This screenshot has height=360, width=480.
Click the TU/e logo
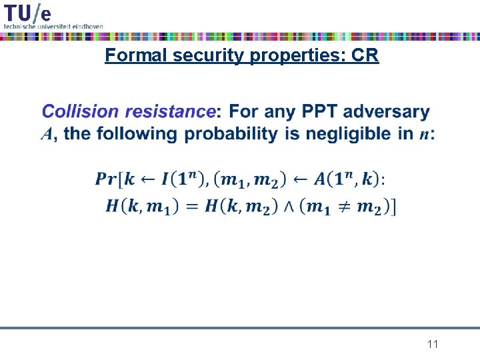click(x=27, y=12)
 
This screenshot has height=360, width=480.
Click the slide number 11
click(x=433, y=345)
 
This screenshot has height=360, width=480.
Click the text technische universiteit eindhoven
click(x=53, y=26)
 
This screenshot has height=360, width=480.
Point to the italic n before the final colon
click(x=423, y=135)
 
